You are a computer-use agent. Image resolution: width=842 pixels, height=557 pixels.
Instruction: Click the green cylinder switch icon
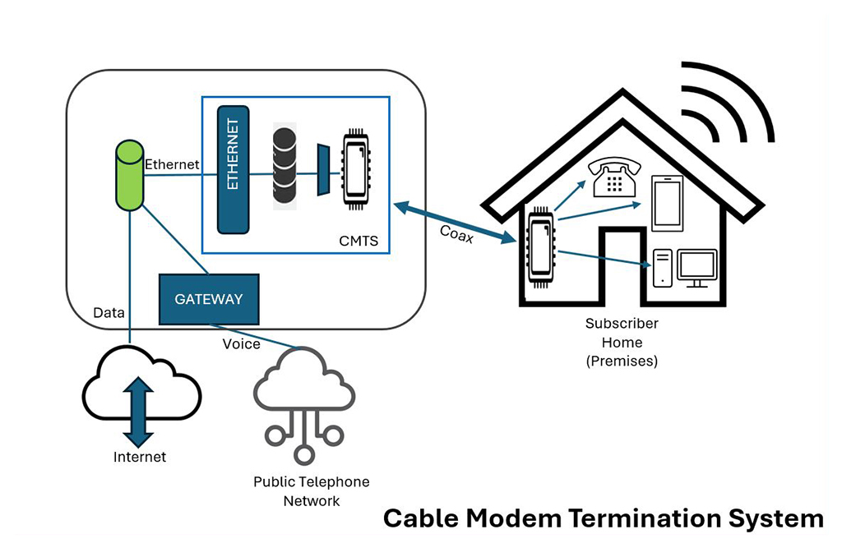pyautogui.click(x=129, y=174)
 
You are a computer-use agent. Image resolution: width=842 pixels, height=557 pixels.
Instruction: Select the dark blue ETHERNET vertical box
pyautogui.click(x=233, y=168)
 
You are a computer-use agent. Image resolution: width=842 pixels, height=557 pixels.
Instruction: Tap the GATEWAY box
pyautogui.click(x=208, y=299)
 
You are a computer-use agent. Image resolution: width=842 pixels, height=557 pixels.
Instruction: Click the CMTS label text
pyautogui.click(x=359, y=242)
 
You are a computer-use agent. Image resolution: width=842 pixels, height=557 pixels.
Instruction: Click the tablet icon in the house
pyautogui.click(x=667, y=203)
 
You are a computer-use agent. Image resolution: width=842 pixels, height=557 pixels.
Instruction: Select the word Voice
pyautogui.click(x=241, y=343)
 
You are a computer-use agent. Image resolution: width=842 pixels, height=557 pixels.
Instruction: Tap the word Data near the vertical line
pyautogui.click(x=109, y=312)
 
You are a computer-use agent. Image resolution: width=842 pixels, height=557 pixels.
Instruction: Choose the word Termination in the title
pyautogui.click(x=634, y=518)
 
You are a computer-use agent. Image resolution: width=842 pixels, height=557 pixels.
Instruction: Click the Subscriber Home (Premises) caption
pyautogui.click(x=622, y=342)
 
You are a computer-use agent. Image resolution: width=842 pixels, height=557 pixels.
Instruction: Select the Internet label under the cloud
pyautogui.click(x=140, y=457)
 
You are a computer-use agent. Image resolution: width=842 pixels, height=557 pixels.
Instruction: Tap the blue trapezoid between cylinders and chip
pyautogui.click(x=322, y=169)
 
